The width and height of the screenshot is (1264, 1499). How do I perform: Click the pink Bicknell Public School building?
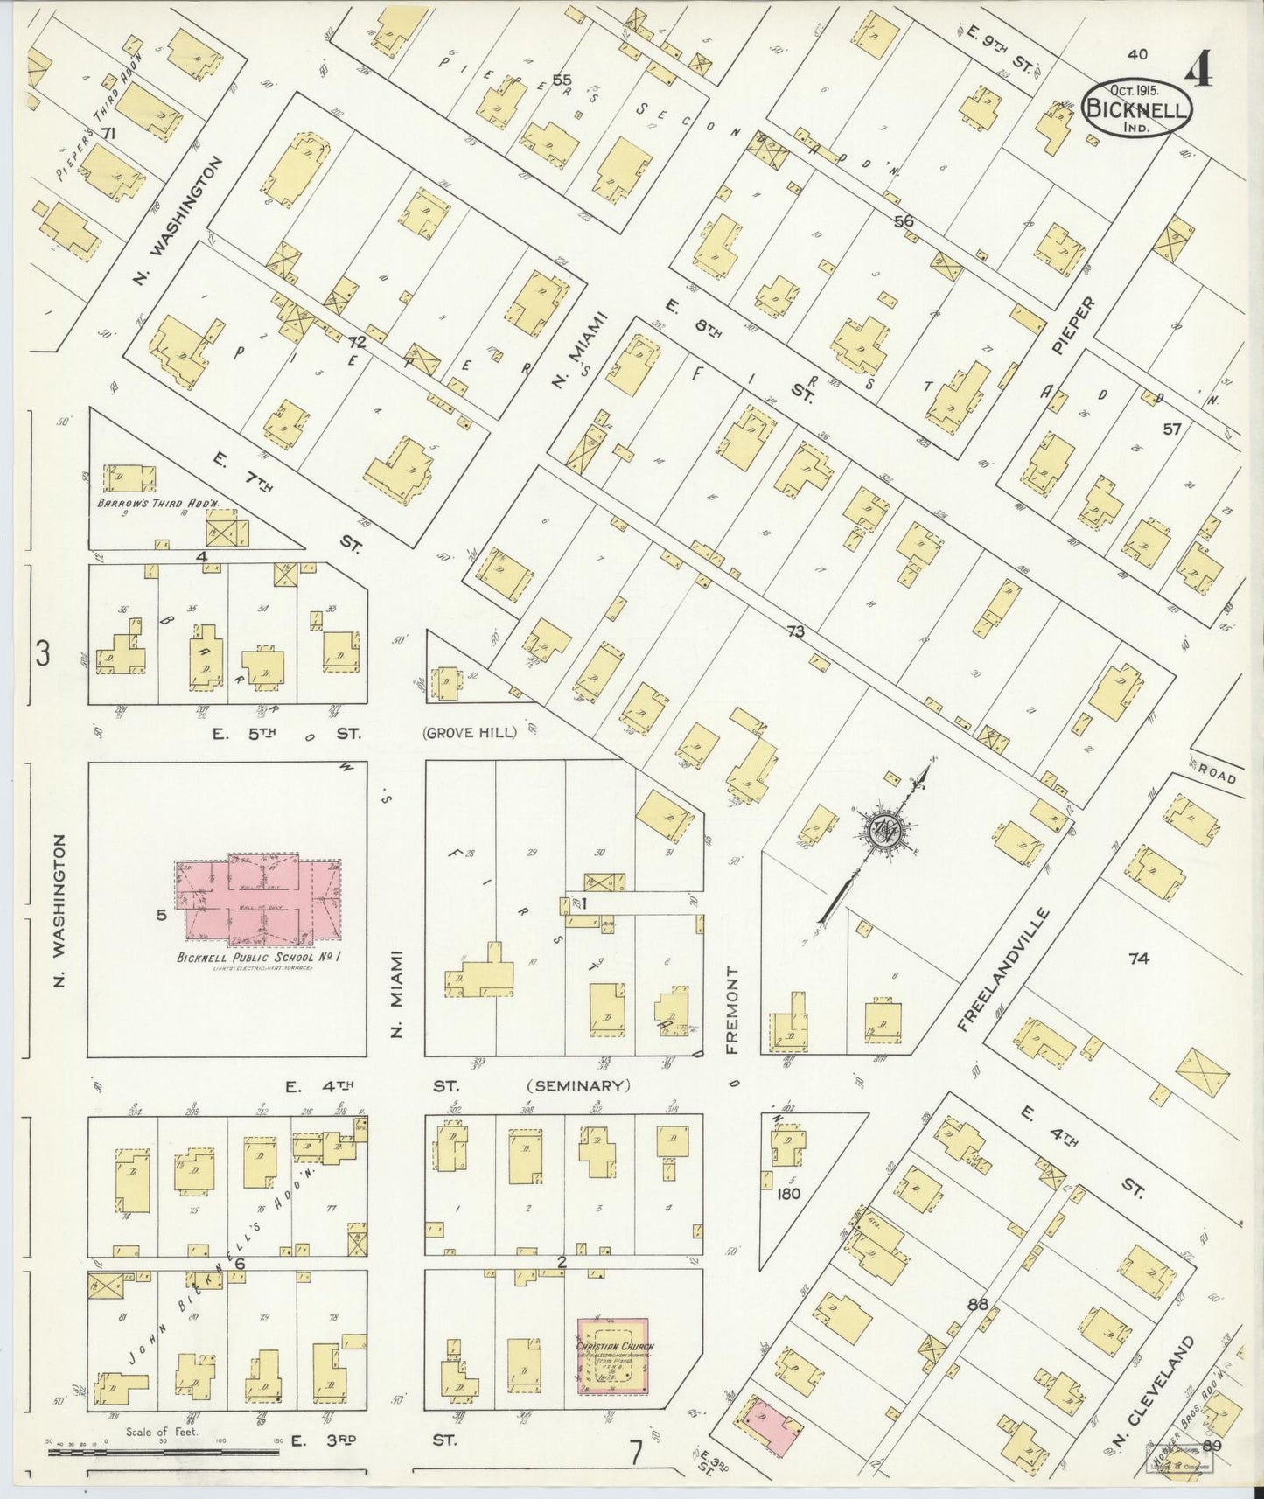(259, 901)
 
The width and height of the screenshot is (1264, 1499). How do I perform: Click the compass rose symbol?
(885, 831)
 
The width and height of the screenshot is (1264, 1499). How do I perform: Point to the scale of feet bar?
(162, 1451)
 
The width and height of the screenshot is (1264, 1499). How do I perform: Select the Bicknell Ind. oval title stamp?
(1137, 109)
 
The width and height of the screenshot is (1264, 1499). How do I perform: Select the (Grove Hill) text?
(470, 733)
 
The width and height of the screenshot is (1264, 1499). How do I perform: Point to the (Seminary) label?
(578, 1085)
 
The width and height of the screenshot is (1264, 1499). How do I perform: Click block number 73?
(794, 631)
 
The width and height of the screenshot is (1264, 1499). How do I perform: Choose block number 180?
(787, 1193)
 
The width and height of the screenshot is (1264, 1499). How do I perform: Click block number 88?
(978, 1304)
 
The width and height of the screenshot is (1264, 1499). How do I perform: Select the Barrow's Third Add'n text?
(157, 505)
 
